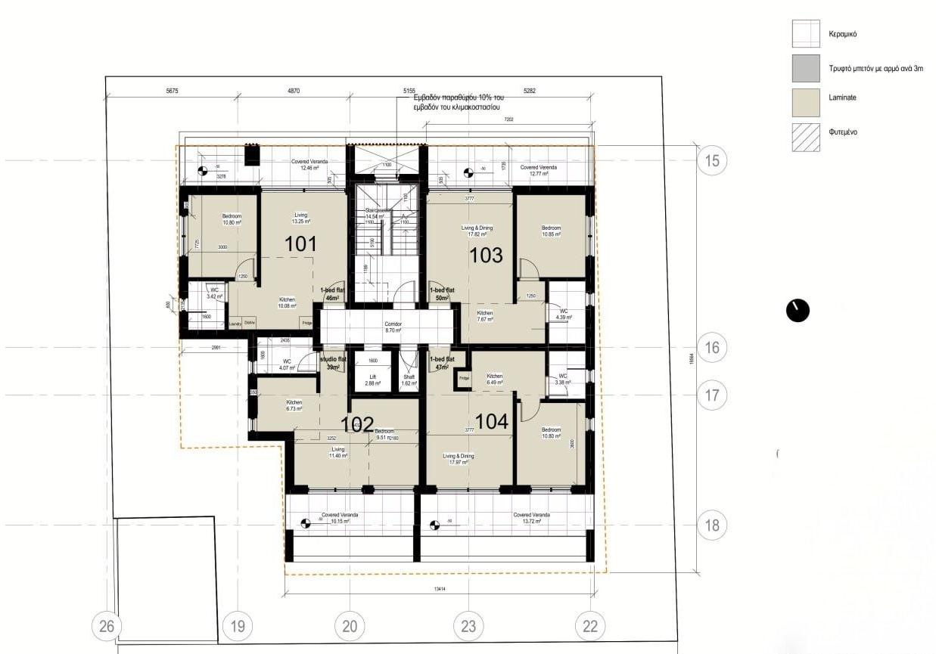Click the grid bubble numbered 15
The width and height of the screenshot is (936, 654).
[x=711, y=160]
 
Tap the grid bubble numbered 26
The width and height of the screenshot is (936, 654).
[x=107, y=626]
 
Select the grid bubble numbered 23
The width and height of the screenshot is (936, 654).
[x=468, y=626]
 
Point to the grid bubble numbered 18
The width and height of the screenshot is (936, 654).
[x=711, y=525]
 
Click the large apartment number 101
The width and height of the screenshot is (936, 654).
[x=300, y=243]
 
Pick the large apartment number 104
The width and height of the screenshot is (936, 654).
[x=492, y=422]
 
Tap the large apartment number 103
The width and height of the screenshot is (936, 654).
[x=486, y=256]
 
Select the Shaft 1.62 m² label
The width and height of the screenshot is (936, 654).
[x=409, y=380]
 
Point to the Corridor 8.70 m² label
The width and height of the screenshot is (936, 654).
[x=393, y=327]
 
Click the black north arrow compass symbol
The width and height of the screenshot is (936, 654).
[x=798, y=310]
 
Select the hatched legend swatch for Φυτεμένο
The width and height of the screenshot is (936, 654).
[x=806, y=137]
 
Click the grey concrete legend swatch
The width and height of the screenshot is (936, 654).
[x=806, y=68]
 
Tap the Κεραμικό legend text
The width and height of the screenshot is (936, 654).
[x=844, y=35]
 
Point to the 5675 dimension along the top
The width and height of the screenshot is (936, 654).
[x=176, y=91]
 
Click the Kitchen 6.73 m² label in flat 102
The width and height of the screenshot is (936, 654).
[x=294, y=405]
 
